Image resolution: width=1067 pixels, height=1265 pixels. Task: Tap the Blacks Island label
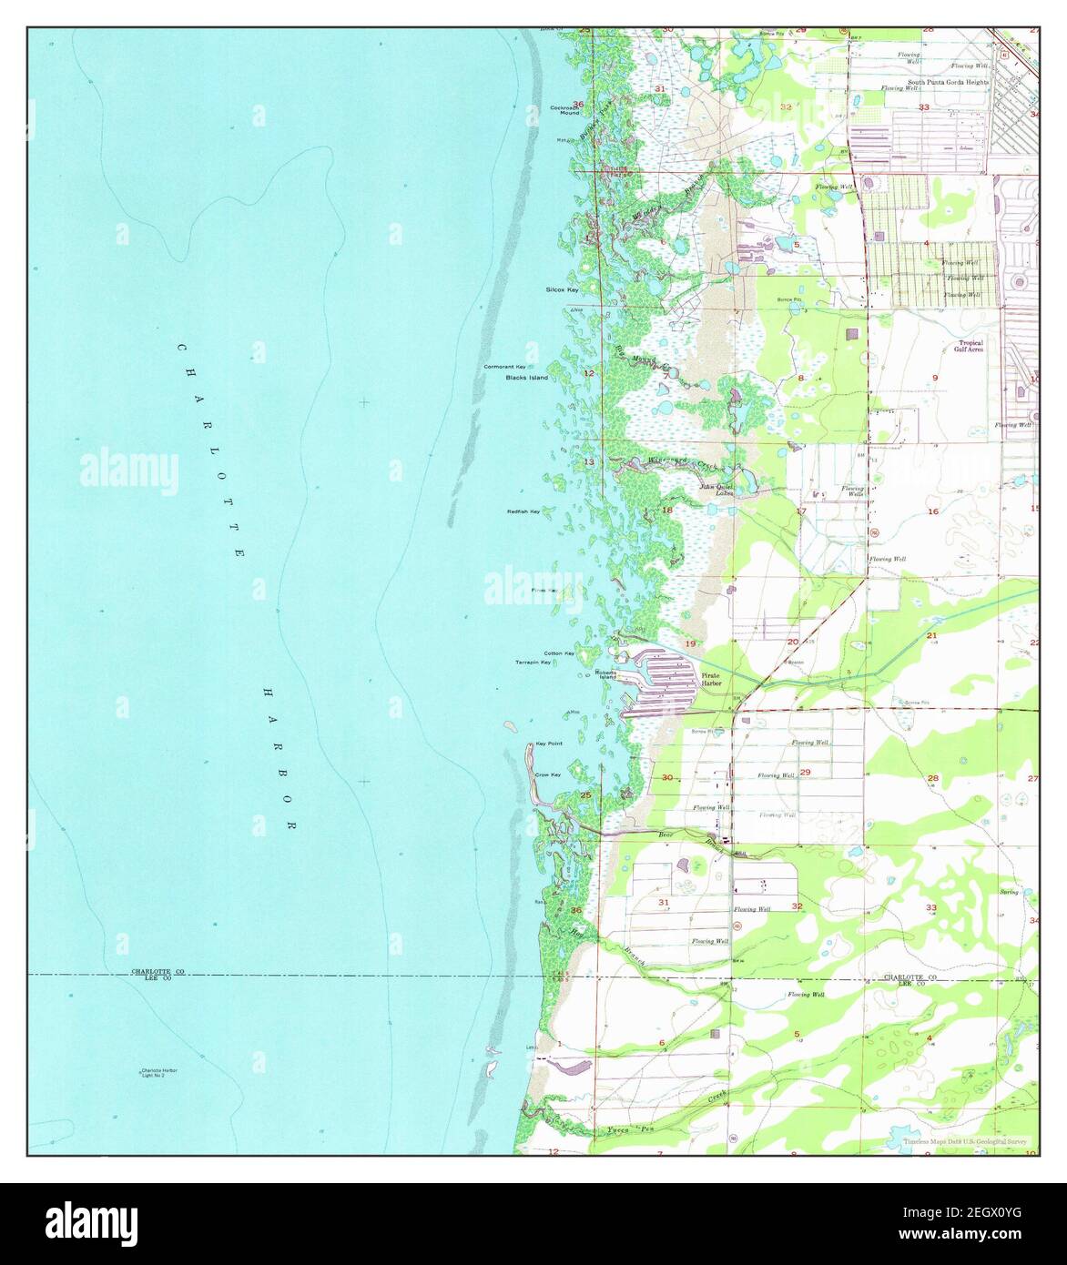527,378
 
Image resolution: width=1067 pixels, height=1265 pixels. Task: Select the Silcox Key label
562,289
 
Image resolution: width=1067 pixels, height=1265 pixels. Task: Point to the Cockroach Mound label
565,111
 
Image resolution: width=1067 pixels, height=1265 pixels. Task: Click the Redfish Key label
523,511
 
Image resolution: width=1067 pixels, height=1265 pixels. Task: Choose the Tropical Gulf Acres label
968,346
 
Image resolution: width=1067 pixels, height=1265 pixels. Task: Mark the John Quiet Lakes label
716,490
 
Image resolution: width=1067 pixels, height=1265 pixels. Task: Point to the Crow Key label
547,774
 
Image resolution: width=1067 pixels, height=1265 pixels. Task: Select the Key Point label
549,744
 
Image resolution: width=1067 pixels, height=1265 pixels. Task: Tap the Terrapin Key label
533,663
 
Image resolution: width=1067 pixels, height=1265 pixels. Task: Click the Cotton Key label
559,653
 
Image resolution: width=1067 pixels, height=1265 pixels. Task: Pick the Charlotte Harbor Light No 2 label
158,1072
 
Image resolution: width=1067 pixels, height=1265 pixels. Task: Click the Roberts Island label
605,674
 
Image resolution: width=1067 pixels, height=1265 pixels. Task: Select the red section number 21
931,635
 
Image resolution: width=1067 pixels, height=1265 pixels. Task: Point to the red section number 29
805,772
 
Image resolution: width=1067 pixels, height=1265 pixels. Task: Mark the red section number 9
934,377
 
